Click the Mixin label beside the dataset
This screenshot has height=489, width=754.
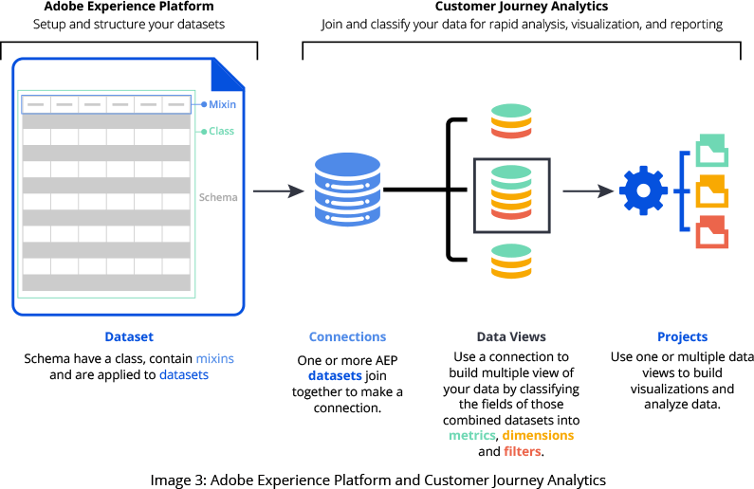coord(222,104)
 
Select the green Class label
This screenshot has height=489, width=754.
coord(221,131)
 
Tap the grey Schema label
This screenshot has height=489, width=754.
coord(218,197)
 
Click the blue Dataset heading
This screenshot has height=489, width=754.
coord(129,336)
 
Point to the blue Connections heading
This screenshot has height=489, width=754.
coord(347,336)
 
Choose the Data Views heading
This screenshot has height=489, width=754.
coord(511,336)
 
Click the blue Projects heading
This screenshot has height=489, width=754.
coord(682,336)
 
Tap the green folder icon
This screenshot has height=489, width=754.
coord(711,152)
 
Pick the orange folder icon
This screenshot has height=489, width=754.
coord(711,192)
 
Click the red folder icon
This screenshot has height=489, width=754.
coord(711,232)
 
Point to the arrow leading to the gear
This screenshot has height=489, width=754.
coord(588,191)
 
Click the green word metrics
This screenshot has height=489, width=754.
coord(474,435)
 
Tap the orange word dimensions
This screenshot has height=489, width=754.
coord(538,435)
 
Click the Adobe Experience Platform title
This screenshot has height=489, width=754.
coord(129,7)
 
